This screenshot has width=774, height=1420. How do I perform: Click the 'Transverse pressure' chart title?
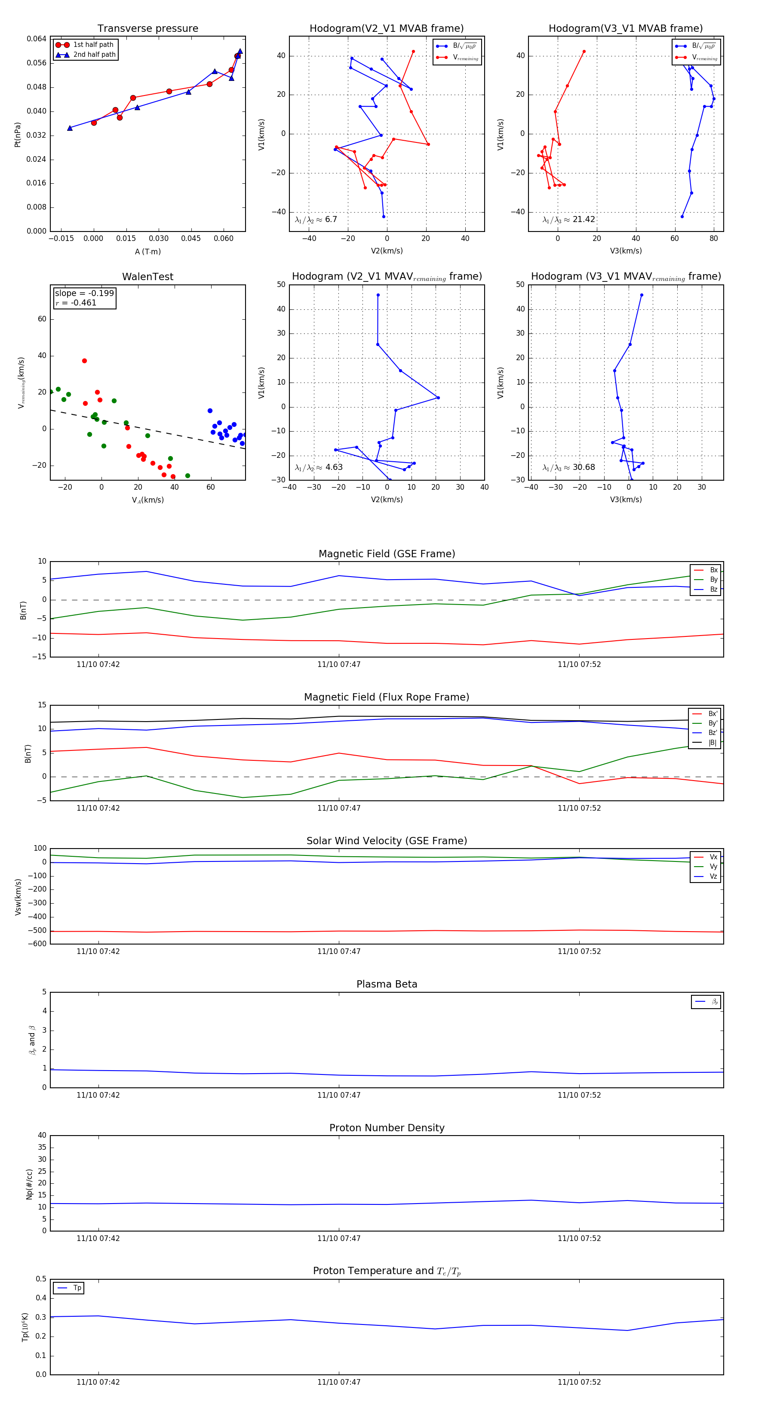[x=147, y=29]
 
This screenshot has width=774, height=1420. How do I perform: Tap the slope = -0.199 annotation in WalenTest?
[x=84, y=293]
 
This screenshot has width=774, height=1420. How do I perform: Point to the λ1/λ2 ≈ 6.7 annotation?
[x=316, y=219]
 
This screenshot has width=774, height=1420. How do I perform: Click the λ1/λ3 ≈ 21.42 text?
[x=568, y=219]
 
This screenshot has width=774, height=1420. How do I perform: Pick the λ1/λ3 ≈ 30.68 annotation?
[x=568, y=467]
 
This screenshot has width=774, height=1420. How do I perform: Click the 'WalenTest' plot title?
[x=147, y=277]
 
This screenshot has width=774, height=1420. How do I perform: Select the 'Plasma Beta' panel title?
[x=387, y=984]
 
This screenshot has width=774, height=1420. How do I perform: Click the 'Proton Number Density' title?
[x=387, y=1128]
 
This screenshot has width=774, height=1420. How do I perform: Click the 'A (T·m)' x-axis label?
[x=147, y=252]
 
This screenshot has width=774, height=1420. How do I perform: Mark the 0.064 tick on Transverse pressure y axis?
[x=37, y=39]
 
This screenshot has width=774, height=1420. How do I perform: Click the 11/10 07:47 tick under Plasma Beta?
[x=339, y=1095]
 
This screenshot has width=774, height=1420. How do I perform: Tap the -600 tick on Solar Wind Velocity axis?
[x=37, y=944]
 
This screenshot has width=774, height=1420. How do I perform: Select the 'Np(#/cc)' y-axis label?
[x=29, y=1184]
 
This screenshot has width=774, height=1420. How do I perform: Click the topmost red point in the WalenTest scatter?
[x=84, y=361]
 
